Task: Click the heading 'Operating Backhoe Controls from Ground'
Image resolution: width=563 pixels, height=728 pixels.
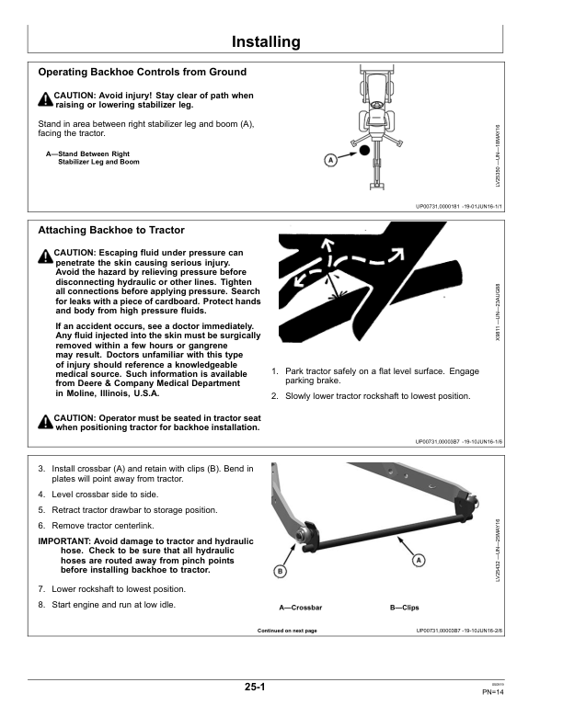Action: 142,72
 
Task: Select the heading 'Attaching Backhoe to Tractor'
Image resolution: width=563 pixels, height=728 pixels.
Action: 111,230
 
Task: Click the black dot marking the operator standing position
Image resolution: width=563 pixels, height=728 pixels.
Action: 364,149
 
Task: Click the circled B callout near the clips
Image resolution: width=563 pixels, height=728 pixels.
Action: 281,573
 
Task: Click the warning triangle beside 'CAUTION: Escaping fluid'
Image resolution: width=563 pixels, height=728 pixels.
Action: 45,256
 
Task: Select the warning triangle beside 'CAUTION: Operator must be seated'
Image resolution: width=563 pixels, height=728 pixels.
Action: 45,422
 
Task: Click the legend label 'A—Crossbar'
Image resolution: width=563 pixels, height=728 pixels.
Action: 301,608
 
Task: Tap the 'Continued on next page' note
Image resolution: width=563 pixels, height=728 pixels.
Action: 287,631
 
